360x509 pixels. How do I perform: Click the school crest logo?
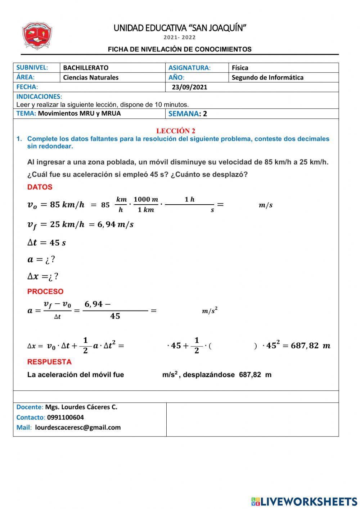point(37,36)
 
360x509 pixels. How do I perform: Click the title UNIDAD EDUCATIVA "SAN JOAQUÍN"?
point(180,28)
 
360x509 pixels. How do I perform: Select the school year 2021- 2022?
point(180,37)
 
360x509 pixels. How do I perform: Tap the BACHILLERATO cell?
point(86,68)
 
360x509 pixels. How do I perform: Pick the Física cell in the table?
point(240,68)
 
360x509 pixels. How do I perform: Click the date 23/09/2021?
point(189,87)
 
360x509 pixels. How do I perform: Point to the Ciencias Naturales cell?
point(91,77)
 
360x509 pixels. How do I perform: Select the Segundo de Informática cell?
point(267,77)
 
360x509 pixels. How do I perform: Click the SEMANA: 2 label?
point(188,114)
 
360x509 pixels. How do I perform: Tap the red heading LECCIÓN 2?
point(176,131)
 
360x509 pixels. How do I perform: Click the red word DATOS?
point(40,187)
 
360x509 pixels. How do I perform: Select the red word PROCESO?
point(45,291)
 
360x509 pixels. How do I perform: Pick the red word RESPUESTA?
point(49,362)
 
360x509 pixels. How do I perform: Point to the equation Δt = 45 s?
point(46,243)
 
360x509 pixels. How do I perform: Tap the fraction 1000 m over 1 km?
point(146,205)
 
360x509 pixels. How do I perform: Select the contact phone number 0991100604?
point(66,418)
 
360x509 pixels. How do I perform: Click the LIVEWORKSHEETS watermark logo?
point(304,501)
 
